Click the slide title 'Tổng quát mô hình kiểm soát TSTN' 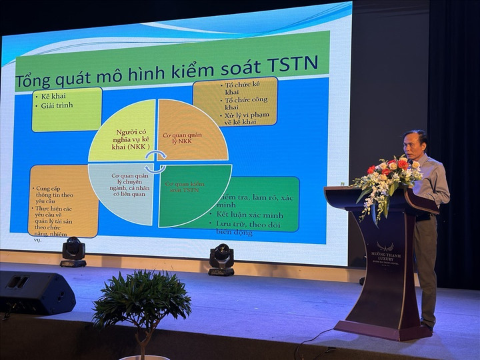[x=167, y=76]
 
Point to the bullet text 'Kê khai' [x=54, y=96]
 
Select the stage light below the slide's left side [x=73, y=252]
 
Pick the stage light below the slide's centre [x=221, y=259]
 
